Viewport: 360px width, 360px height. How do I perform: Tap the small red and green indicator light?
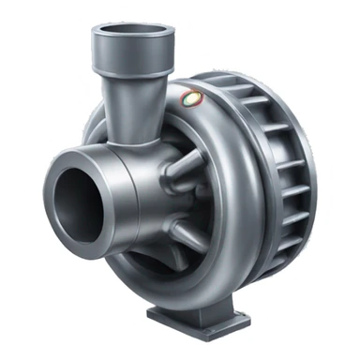click(192, 96)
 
